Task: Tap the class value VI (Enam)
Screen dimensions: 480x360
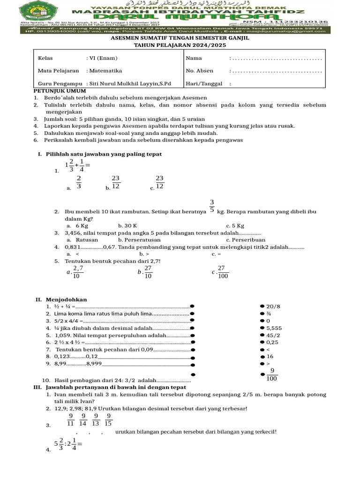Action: (x=104, y=58)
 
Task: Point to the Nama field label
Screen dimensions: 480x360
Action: (x=194, y=58)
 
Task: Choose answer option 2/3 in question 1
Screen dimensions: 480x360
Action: (x=79, y=182)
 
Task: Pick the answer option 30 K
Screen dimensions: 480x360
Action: (x=124, y=225)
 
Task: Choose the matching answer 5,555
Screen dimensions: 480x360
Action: (x=274, y=329)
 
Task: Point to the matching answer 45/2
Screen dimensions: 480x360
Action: (x=273, y=336)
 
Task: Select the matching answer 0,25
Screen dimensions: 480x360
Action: (x=273, y=343)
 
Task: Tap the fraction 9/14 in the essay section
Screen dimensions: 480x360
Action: (x=83, y=420)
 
